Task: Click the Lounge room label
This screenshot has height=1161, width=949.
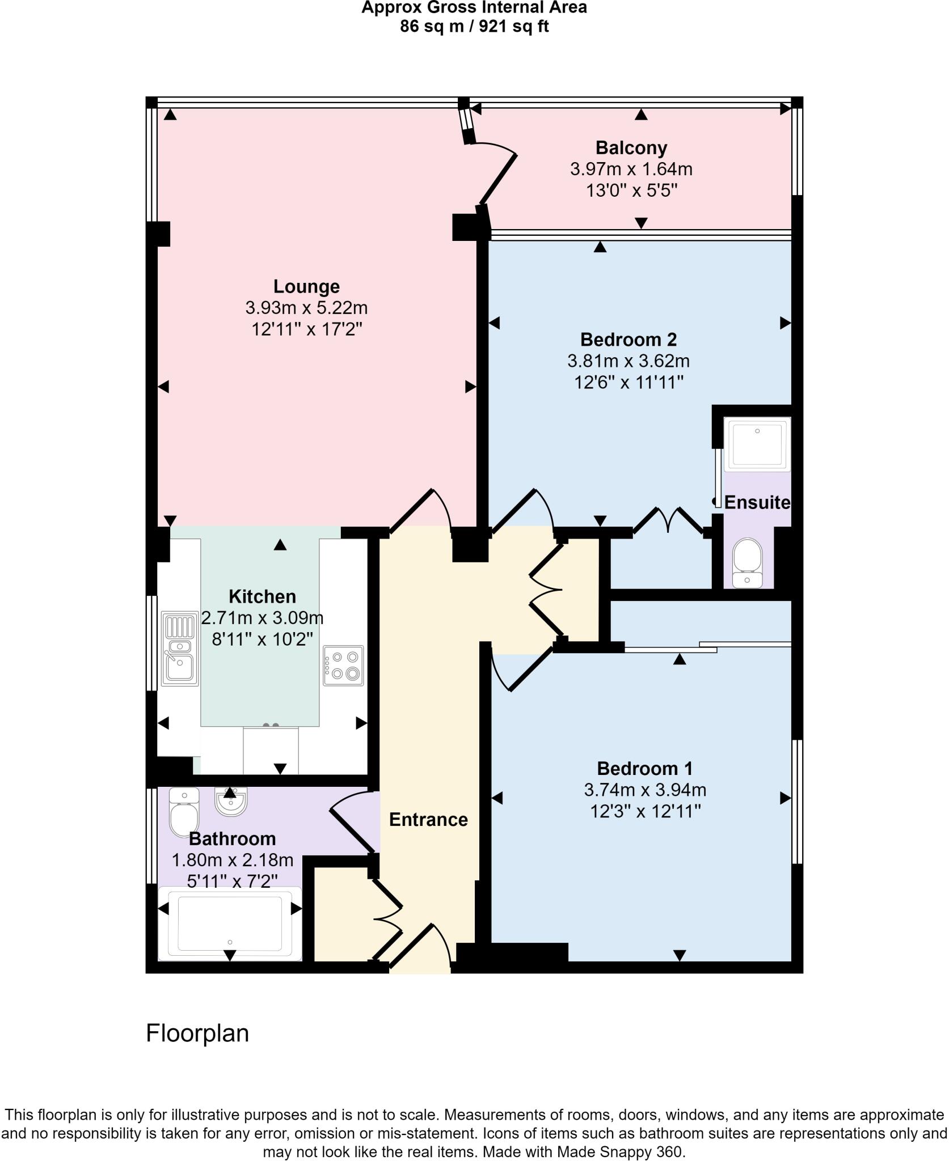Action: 306,287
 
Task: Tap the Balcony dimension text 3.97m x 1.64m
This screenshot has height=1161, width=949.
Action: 631,170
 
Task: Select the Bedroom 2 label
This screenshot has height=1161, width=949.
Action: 628,340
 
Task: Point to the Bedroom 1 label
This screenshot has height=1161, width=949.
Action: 644,769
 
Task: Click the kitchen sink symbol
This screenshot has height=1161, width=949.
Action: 180,649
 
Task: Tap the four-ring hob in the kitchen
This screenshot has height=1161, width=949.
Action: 343,666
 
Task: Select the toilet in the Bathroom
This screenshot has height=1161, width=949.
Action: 184,812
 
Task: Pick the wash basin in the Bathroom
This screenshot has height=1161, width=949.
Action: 230,802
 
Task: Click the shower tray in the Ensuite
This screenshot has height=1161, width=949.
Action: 757,444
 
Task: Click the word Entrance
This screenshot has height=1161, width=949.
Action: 428,820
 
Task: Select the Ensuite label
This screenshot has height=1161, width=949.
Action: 757,503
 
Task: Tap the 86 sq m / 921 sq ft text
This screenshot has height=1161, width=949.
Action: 474,27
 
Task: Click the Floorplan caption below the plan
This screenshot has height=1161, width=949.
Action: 197,1033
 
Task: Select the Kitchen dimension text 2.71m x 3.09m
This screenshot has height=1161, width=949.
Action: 262,617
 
